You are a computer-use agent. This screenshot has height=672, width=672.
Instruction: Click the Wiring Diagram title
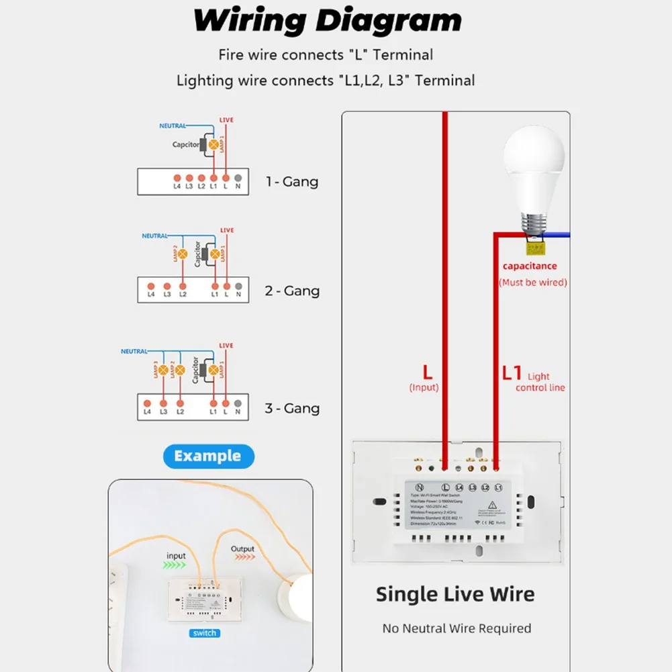[327, 21]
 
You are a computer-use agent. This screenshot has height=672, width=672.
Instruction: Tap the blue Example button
[208, 457]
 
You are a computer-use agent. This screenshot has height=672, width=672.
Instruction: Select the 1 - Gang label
[291, 182]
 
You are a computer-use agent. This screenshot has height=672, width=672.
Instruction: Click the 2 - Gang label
[291, 291]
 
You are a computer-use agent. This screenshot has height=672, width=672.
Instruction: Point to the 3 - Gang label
[291, 408]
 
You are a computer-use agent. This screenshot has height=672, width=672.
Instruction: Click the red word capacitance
[530, 267]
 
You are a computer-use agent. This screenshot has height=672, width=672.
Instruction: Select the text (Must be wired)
[532, 283]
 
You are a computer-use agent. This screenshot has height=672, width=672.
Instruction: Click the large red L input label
[427, 372]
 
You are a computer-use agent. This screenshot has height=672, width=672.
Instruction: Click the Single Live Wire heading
[455, 594]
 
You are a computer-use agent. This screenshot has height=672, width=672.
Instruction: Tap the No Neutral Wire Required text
[457, 629]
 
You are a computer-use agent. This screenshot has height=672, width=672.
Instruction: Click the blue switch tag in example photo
[203, 633]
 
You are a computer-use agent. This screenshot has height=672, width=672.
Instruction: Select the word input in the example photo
[176, 556]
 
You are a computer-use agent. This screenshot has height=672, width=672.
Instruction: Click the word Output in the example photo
[242, 549]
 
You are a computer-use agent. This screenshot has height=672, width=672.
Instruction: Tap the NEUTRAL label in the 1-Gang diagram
[172, 126]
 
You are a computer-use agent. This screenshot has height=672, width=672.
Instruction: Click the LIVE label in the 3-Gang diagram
[227, 346]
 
